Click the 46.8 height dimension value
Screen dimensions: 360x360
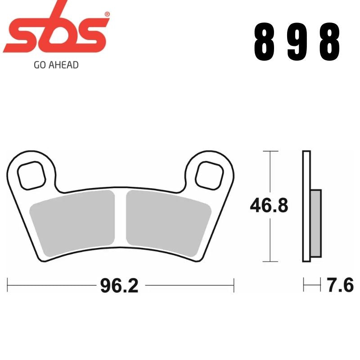[269, 207]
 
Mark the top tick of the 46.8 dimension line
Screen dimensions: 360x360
[269, 152]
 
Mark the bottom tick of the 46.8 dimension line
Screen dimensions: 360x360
[269, 261]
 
